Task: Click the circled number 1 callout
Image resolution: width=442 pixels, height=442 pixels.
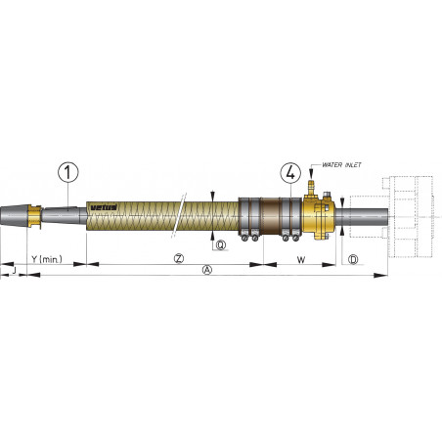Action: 68,173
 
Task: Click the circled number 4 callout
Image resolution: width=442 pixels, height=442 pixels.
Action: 289,172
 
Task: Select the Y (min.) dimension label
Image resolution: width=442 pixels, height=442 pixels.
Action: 47,259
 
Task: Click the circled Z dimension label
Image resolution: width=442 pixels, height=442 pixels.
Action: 179,259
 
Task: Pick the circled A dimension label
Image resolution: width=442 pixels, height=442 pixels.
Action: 205,271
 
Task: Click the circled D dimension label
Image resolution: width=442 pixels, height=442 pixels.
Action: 353,259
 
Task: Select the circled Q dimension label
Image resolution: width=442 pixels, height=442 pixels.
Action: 221,244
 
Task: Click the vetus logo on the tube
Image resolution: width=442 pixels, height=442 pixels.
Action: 103,207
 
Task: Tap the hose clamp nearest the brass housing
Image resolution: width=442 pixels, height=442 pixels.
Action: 289,216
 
